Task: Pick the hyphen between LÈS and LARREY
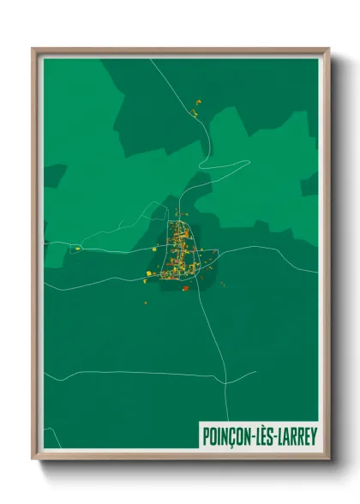pyautogui.click(x=271, y=435)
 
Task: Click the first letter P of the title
pyautogui.click(x=205, y=435)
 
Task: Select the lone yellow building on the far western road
pyautogui.click(x=77, y=249)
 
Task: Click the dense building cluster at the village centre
pyautogui.click(x=179, y=249)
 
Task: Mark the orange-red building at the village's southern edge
pyautogui.click(x=185, y=288)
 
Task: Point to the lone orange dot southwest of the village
pyautogui.click(x=144, y=302)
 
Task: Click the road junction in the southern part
pyautogui.click(x=225, y=375)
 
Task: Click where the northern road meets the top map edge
pyautogui.click(x=151, y=59)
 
